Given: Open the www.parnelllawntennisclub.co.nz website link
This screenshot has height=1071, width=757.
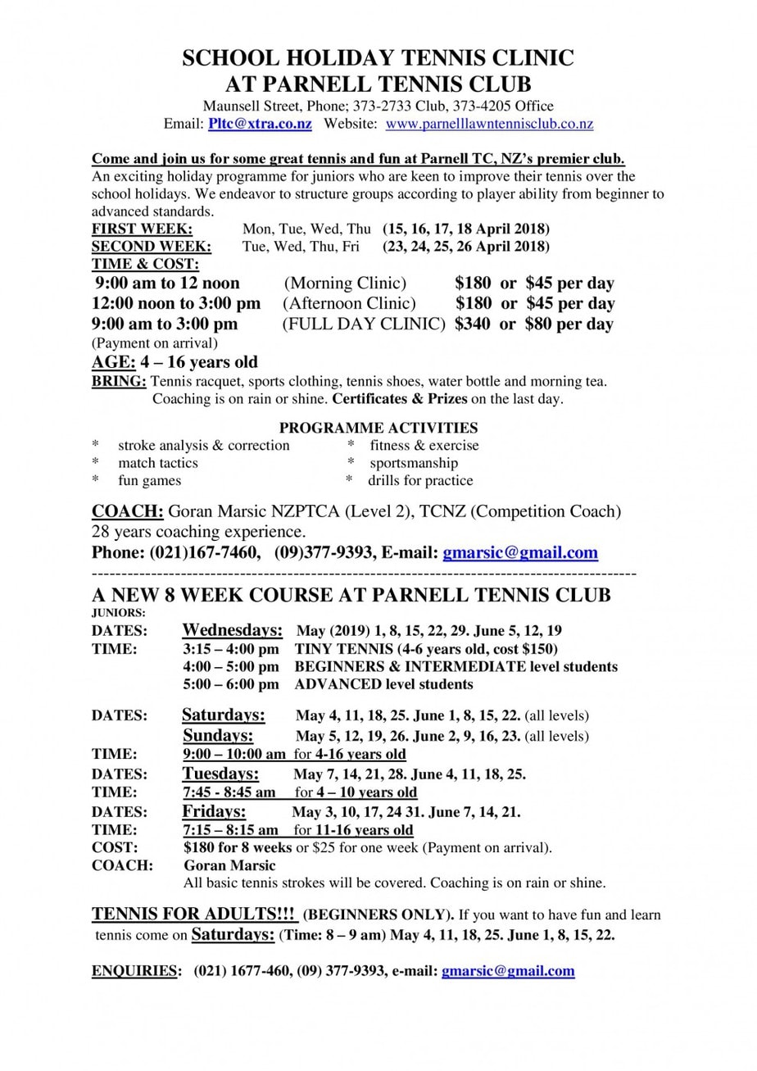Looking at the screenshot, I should [489, 124].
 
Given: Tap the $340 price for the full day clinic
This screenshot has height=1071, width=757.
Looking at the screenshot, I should [473, 324].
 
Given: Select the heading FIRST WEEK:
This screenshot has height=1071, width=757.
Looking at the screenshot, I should [142, 229].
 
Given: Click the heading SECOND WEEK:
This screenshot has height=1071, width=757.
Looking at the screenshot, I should [151, 246].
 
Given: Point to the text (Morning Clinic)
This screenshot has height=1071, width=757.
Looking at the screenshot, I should [345, 284].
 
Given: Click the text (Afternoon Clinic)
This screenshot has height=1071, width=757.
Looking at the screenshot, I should [350, 303].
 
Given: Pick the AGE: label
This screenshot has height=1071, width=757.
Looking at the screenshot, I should [113, 362].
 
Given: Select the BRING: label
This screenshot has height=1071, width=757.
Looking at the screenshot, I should [120, 381].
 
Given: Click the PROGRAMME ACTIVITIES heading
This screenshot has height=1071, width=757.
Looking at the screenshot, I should [378, 428].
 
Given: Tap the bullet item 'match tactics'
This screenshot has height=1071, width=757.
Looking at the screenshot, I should [158, 463].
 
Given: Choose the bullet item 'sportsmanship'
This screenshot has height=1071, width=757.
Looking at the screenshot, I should [414, 463].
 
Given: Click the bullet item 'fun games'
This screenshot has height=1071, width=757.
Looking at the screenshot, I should [149, 480].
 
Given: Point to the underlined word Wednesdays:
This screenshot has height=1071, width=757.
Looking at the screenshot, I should [233, 630].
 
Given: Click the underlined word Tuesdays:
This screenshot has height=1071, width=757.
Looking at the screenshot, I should [220, 774].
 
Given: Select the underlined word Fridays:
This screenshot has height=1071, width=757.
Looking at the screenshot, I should [214, 811].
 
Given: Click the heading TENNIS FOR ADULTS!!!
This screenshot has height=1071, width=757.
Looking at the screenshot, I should [193, 914].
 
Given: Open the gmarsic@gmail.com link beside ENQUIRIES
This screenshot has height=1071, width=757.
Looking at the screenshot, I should [508, 971].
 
